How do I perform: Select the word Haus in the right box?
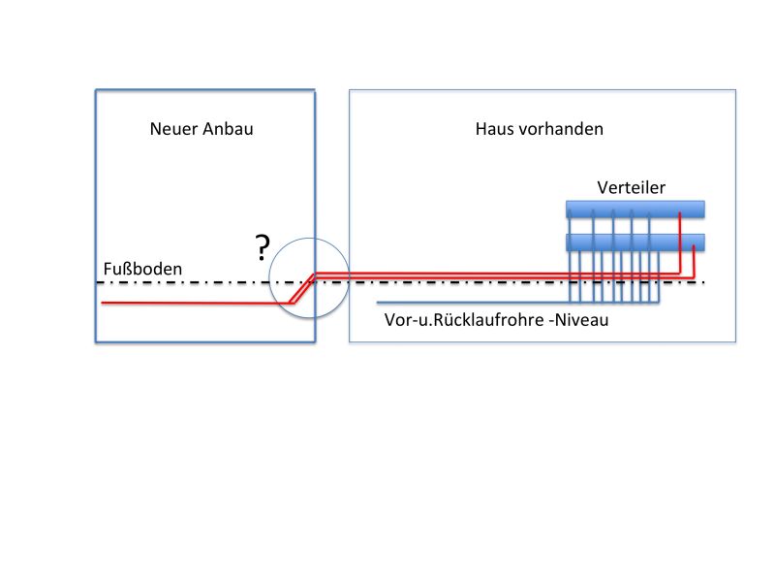click(493, 129)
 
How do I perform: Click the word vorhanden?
click(560, 129)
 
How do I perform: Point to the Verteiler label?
click(632, 187)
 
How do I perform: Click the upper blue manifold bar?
click(635, 210)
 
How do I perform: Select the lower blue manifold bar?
click(635, 242)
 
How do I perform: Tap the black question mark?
click(263, 248)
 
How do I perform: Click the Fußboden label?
click(142, 269)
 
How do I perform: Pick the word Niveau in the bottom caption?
click(581, 320)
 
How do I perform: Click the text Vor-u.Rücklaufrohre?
click(464, 320)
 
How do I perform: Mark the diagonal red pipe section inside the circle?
click(302, 288)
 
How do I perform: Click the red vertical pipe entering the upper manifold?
click(680, 242)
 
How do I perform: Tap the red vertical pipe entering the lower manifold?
click(694, 261)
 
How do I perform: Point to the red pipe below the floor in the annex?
click(196, 303)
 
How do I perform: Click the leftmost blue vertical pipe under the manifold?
click(570, 256)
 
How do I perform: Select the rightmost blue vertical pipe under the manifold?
click(659, 276)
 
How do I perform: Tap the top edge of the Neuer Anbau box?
click(205, 90)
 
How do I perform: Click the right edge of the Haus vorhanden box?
click(735, 215)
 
